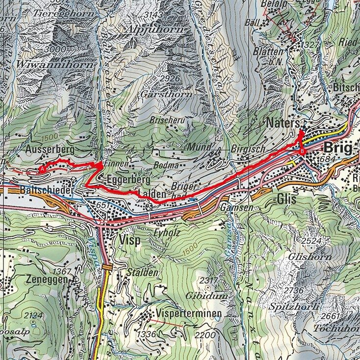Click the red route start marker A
click(43, 168)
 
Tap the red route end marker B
click(302, 152)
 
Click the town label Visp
click(129, 240)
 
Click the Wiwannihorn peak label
click(41, 64)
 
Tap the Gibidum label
click(200, 296)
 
